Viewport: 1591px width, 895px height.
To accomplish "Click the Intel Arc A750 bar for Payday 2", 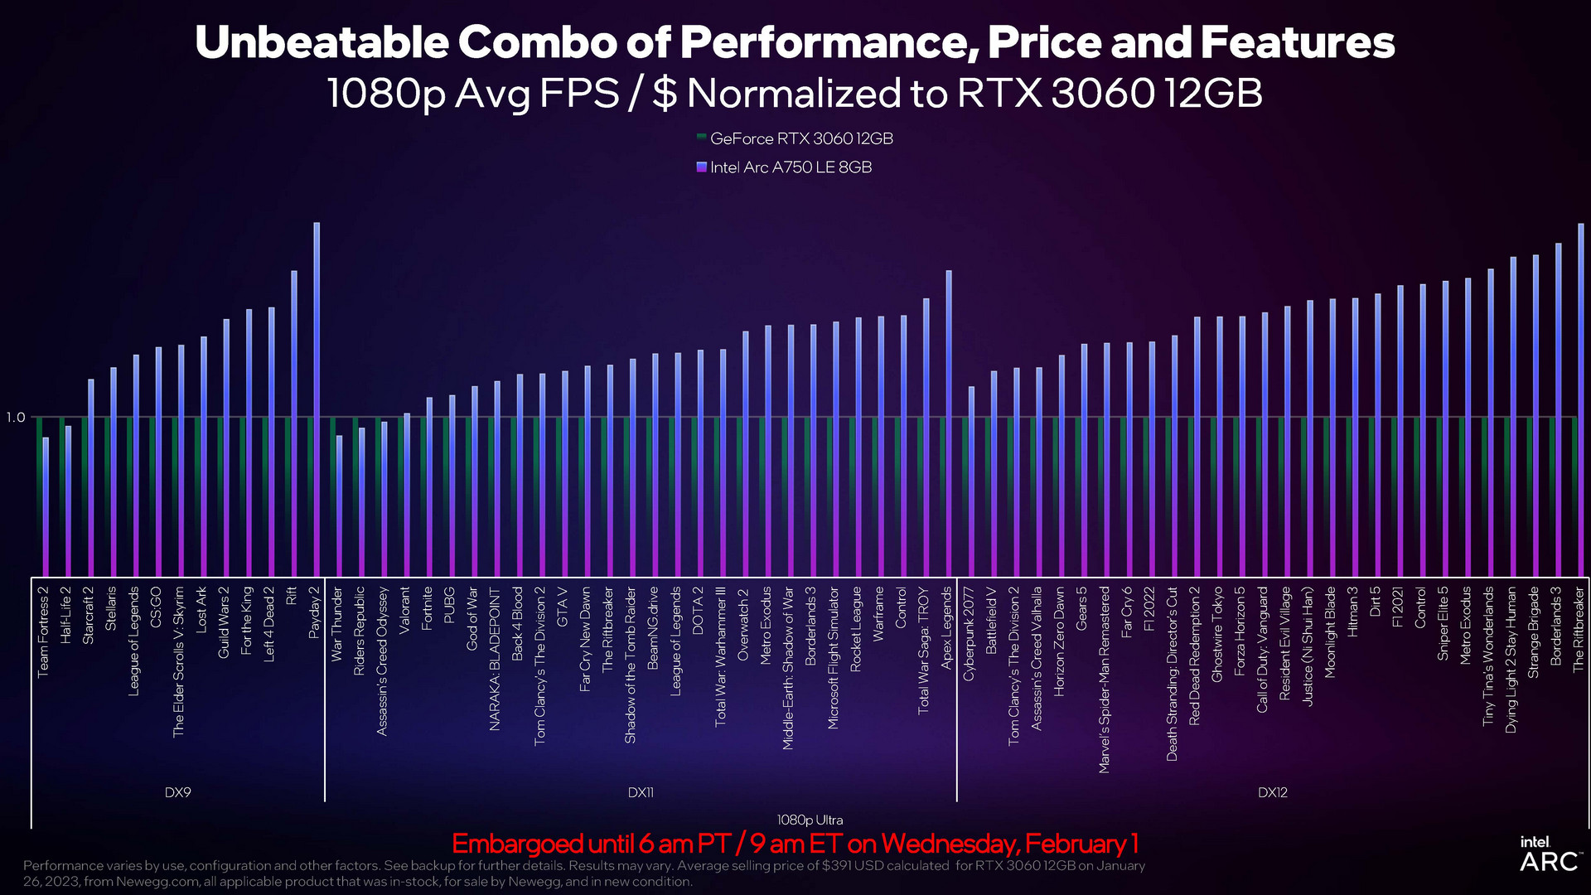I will tap(317, 398).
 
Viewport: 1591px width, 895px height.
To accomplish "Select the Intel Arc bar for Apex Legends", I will tap(949, 423).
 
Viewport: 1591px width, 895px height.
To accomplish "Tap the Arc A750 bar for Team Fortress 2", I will tap(46, 506).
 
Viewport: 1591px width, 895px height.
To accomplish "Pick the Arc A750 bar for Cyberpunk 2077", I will tap(971, 481).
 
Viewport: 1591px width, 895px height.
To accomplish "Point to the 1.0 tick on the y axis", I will tap(16, 417).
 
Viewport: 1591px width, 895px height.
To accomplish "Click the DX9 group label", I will tap(177, 792).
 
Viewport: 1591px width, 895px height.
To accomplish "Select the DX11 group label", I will tap(641, 792).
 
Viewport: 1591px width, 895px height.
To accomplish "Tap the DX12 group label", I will tap(1272, 792).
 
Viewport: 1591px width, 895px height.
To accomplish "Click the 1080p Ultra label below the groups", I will tap(810, 820).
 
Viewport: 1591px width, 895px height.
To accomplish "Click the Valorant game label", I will tap(405, 611).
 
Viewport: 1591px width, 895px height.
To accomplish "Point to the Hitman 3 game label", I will tap(1353, 612).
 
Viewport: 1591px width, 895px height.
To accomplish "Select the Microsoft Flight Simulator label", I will tap(834, 658).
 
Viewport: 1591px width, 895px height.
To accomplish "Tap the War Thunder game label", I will tap(336, 624).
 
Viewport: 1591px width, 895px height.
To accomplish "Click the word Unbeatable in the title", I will tap(322, 42).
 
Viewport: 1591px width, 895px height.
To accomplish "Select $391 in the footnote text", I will tap(839, 865).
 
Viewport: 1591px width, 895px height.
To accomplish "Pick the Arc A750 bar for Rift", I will tap(294, 423).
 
